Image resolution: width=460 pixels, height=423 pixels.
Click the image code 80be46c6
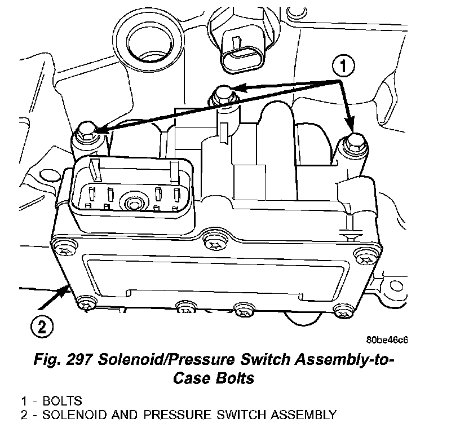point(387,340)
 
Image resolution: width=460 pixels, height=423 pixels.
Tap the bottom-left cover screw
point(86,303)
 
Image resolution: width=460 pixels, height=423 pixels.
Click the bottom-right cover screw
point(340,310)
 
